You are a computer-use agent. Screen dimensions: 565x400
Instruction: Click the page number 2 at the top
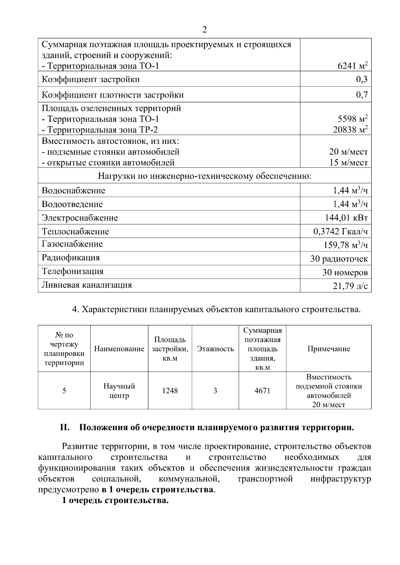pos(205,30)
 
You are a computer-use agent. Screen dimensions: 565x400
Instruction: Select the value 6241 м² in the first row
pos(353,66)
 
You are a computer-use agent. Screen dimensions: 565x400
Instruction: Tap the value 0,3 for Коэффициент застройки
pos(362,79)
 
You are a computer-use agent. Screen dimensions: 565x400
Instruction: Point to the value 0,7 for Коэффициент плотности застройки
pos(362,95)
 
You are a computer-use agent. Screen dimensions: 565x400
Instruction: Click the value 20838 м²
pos(350,130)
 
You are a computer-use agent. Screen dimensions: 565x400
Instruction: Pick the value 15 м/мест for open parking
pos(349,163)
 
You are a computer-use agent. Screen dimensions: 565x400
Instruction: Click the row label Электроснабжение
pos(80,218)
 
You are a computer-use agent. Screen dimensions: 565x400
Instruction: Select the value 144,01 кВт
pos(346,218)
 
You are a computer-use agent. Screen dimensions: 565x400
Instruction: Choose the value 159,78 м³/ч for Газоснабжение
pos(346,245)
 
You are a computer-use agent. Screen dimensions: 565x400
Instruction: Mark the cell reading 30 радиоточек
pos(339,259)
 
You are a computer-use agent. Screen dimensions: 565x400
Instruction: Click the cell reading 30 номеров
pos(345,273)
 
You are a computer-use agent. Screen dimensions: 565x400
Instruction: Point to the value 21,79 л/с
pos(350,286)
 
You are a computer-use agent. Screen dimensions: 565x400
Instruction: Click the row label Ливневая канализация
pos(87,285)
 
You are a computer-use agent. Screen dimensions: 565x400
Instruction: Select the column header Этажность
pos(215,349)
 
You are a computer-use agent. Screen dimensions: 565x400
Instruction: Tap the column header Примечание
pos(329,349)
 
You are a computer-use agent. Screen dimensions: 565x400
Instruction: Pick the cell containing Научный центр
pos(119,391)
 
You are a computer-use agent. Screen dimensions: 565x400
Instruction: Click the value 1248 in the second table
pos(170,391)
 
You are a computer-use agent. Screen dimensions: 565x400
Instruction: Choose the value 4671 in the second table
pos(262,391)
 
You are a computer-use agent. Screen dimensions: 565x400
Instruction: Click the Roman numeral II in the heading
pos(64,427)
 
